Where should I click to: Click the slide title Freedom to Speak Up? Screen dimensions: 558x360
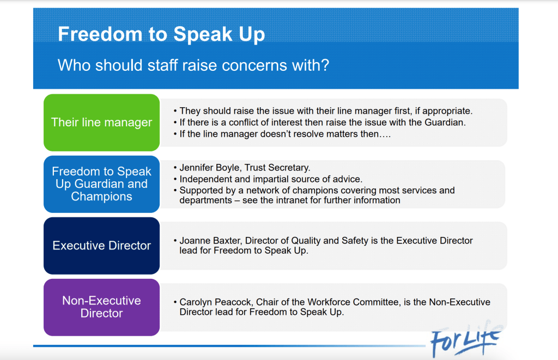point(161,34)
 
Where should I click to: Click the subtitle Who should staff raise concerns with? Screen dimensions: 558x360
point(193,65)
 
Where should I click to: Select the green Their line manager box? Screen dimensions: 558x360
point(102,123)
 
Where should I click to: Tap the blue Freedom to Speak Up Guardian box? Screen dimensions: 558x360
point(102,184)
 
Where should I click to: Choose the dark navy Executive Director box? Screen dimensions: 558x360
point(102,246)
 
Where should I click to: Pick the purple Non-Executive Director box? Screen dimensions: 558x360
point(102,307)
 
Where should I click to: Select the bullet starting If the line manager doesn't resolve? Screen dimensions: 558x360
point(282,134)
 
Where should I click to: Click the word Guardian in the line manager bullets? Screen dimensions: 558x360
point(445,123)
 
